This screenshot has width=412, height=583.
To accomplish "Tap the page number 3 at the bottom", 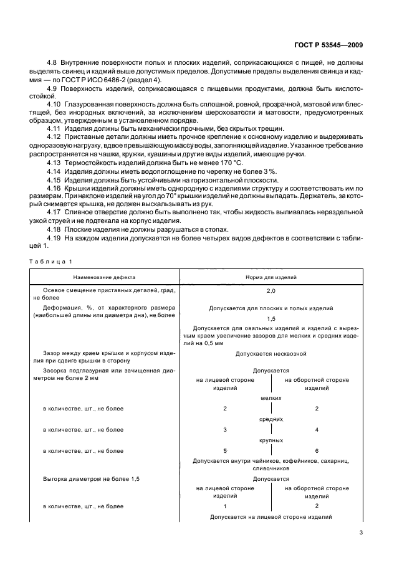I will [x=362, y=533].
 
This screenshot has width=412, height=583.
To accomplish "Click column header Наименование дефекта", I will [x=103, y=277].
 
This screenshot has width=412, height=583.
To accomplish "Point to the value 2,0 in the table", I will [x=271, y=291].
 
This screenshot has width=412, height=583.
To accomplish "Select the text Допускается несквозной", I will [x=271, y=354].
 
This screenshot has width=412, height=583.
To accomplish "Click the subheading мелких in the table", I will [x=271, y=397].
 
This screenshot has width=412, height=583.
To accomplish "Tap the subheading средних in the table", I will [x=271, y=419].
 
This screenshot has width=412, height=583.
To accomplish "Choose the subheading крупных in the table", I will [x=271, y=440].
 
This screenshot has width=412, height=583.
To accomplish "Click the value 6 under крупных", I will [x=317, y=450].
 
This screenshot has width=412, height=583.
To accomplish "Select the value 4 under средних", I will [x=317, y=430].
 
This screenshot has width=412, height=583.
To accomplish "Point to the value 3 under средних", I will [x=225, y=430].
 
